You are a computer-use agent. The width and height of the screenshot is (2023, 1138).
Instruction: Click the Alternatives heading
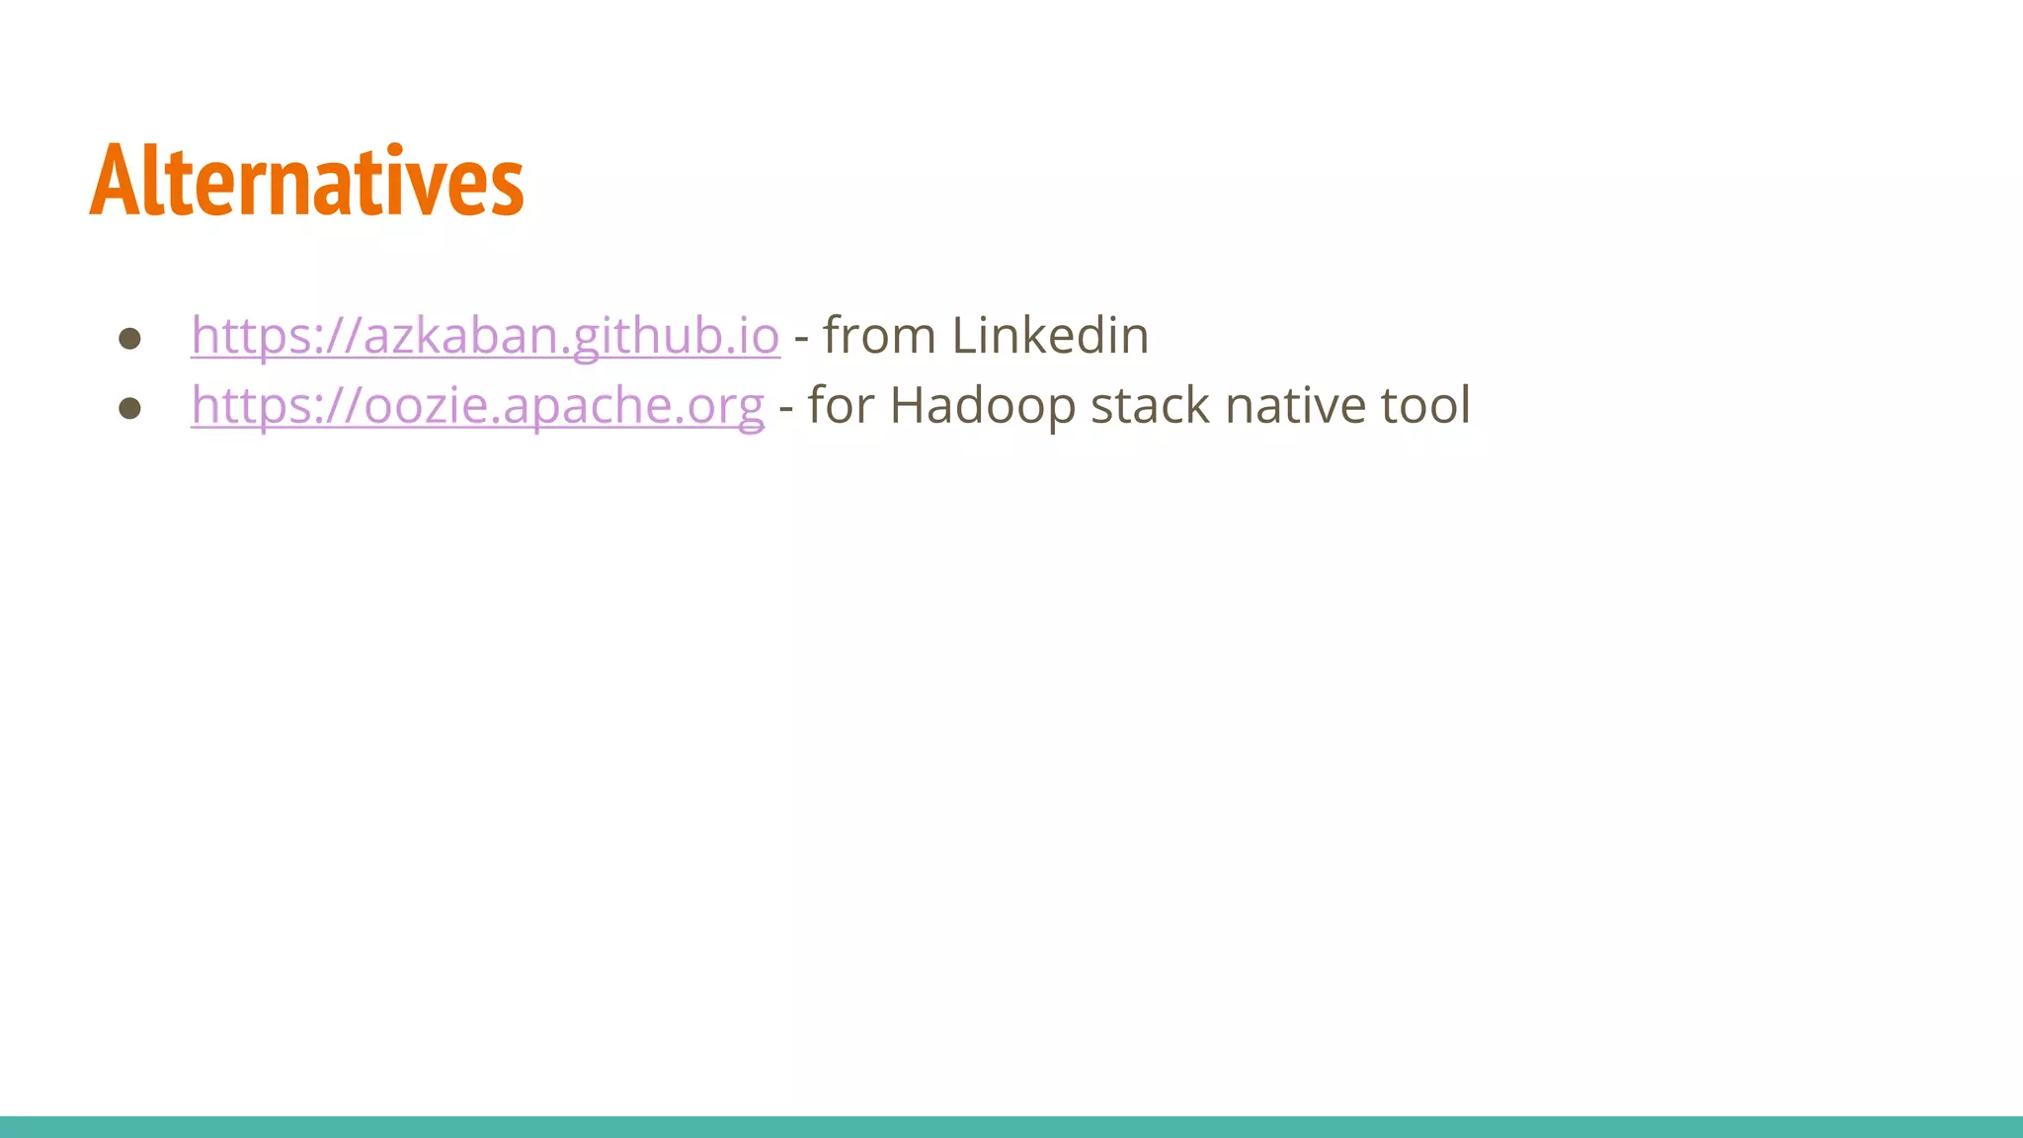306,181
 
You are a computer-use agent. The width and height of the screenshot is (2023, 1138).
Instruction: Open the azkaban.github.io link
485,335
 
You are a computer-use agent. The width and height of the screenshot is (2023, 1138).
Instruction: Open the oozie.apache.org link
477,405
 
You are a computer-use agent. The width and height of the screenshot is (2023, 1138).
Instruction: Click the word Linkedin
1050,335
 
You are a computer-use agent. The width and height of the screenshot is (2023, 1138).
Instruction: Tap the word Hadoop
983,405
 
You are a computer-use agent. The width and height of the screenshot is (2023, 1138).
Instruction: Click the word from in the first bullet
879,335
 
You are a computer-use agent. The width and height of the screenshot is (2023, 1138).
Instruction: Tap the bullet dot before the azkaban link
129,339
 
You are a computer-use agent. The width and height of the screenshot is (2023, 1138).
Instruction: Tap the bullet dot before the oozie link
129,408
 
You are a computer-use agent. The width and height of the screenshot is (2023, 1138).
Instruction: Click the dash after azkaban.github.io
801,339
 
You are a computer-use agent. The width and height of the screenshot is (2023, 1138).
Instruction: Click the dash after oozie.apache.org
786,408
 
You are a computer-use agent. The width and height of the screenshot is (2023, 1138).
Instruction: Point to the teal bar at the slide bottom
1011,1126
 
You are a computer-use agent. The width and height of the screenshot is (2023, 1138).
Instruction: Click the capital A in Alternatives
112,181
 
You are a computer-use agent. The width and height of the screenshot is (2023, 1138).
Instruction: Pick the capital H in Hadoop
910,405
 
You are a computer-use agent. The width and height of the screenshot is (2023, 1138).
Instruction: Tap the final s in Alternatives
510,188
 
